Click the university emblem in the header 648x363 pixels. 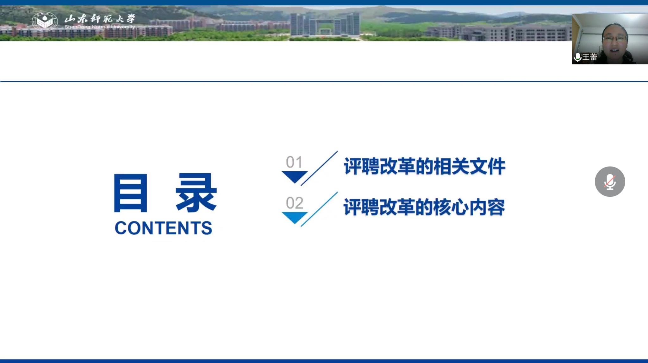pyautogui.click(x=45, y=22)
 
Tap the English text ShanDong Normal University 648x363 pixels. pyautogui.click(x=100, y=27)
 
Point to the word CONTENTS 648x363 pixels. pyautogui.click(x=163, y=228)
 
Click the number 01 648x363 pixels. pyautogui.click(x=294, y=162)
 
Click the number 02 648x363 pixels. pyautogui.click(x=295, y=203)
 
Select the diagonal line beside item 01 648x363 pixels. pyautogui.click(x=319, y=168)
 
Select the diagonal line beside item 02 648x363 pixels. pyautogui.click(x=319, y=209)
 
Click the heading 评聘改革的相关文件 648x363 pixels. pyautogui.click(x=424, y=166)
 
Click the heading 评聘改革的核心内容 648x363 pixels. pyautogui.click(x=424, y=207)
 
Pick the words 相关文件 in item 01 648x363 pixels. pyautogui.click(x=469, y=166)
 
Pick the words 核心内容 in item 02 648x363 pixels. pyautogui.click(x=469, y=207)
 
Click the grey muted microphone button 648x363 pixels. pyautogui.click(x=610, y=181)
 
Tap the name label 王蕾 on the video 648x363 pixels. pyautogui.click(x=590, y=57)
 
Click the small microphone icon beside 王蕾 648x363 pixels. pyautogui.click(x=577, y=57)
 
